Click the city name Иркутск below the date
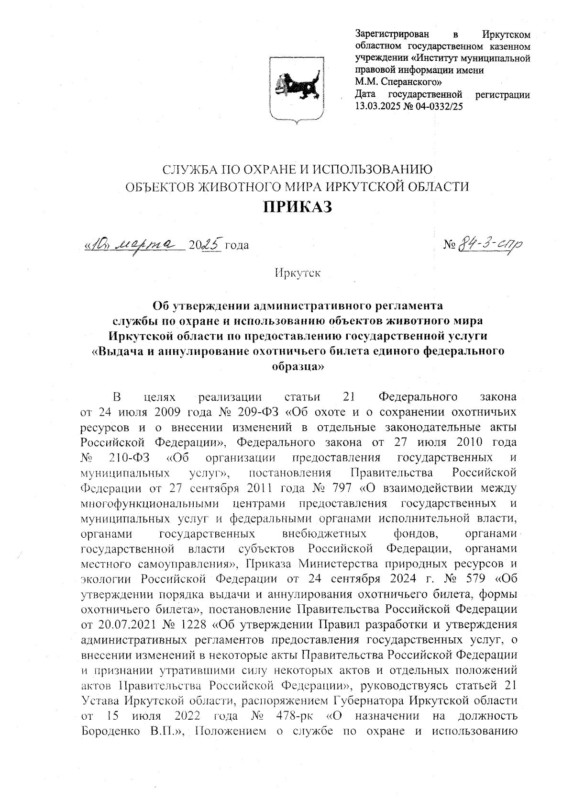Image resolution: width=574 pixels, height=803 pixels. point(297,273)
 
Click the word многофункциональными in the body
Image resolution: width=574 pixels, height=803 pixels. point(151,503)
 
